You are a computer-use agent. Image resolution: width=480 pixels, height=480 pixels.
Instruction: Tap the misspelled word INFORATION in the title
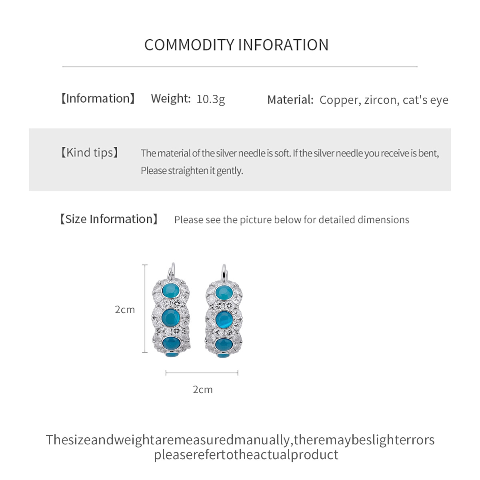click(284, 45)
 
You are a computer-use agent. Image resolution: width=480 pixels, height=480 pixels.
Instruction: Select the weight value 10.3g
click(211, 99)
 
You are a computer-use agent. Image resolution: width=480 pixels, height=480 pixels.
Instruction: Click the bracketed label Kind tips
click(90, 152)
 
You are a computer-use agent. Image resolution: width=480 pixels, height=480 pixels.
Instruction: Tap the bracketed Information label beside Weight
click(98, 98)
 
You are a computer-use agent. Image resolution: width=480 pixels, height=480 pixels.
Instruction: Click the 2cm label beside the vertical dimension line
click(125, 310)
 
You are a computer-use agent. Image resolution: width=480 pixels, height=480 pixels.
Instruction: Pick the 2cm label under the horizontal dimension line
click(203, 390)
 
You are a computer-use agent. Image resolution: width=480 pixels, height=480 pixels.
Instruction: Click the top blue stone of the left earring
click(171, 290)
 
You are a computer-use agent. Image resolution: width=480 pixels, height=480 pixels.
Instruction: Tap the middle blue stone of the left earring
click(171, 318)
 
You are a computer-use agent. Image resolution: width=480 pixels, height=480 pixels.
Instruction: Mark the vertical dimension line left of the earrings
click(145, 309)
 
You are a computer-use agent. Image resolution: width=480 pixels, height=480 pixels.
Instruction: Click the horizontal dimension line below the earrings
click(202, 373)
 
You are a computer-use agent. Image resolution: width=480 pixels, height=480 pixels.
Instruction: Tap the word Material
click(290, 100)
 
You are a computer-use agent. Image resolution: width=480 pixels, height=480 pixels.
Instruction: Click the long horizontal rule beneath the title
click(240, 67)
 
